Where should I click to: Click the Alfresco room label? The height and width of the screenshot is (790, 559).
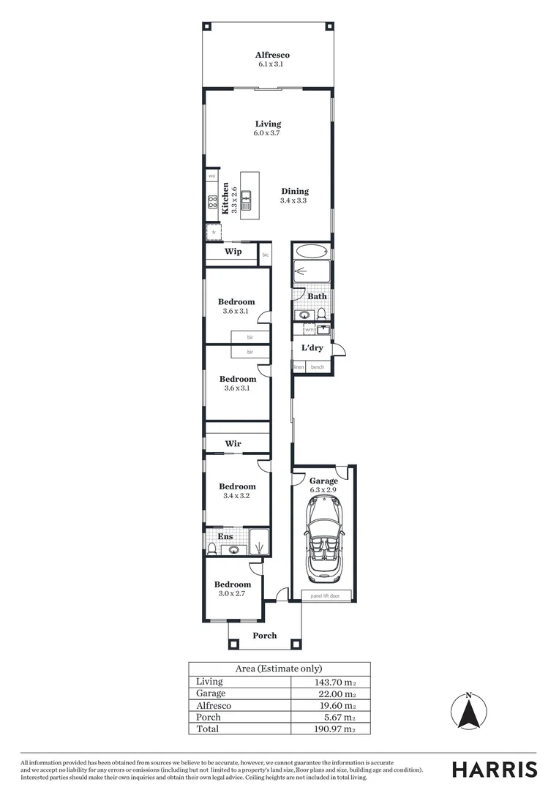point(272,55)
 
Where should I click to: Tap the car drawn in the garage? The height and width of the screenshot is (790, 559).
point(323,537)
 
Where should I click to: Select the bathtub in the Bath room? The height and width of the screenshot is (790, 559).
point(312,252)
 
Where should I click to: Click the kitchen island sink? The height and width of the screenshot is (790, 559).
point(247,197)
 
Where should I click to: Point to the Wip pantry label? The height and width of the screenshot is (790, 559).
point(233,252)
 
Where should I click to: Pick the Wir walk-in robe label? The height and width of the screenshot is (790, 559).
point(233,443)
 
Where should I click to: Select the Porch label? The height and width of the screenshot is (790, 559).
point(265,636)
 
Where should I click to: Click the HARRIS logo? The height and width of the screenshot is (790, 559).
point(495,769)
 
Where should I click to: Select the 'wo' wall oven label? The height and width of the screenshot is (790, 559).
point(211,176)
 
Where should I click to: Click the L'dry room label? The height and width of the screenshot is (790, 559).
point(312,347)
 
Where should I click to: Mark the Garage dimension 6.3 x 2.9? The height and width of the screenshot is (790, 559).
point(323,489)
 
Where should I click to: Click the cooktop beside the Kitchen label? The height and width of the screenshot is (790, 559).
point(211,204)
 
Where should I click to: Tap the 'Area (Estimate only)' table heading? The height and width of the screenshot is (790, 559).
point(279,669)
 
